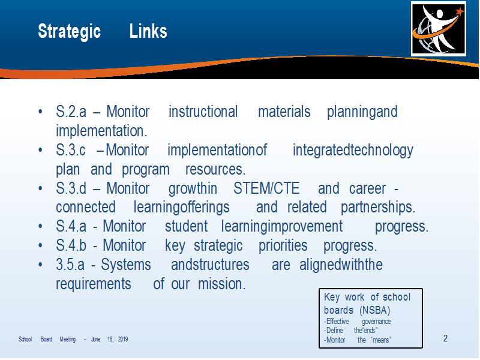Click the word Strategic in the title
pos(69,32)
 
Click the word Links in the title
pos(148,31)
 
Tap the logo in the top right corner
pos(439,29)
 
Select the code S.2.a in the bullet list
pos(71,112)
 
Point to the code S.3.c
pos(70,150)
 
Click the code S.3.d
pos(71,188)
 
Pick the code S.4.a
pos(71,227)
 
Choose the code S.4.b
pos(71,245)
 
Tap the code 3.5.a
pos(70,265)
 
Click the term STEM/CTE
pos(266,188)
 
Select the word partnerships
pos(378,207)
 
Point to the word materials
pos(284,112)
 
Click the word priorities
pos(283,246)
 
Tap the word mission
pos(221,284)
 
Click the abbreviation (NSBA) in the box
pos(375,310)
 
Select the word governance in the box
pos(376,322)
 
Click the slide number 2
pos(445,338)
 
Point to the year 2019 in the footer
pos(123,339)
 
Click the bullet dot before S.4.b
pos(40,245)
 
